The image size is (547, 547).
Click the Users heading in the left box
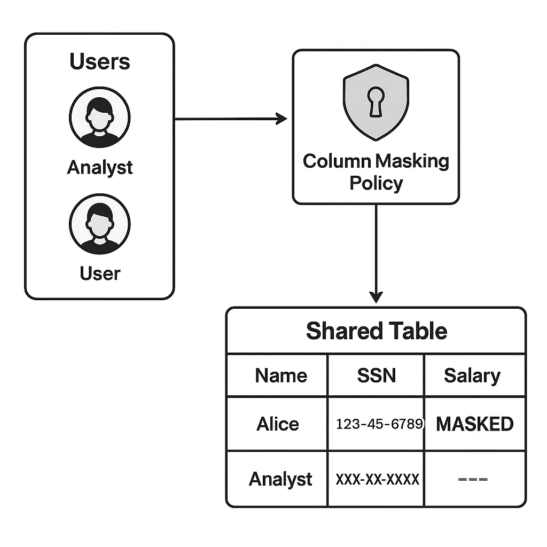point(100,61)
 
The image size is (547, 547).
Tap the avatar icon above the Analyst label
point(100,117)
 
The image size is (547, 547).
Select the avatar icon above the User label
point(100,224)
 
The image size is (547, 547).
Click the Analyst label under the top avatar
point(100,167)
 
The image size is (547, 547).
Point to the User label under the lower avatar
point(100,273)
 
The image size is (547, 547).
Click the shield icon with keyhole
point(376,101)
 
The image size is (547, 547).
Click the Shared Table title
point(376,331)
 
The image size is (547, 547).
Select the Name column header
point(281,376)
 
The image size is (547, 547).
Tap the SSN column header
point(376,376)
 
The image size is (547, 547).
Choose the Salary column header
point(472,376)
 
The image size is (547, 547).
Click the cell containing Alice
point(278,424)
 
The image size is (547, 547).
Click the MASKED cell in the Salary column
point(474,424)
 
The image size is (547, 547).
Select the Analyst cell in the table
point(280,479)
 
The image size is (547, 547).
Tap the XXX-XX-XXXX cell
point(377,479)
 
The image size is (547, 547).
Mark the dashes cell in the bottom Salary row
point(473,479)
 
